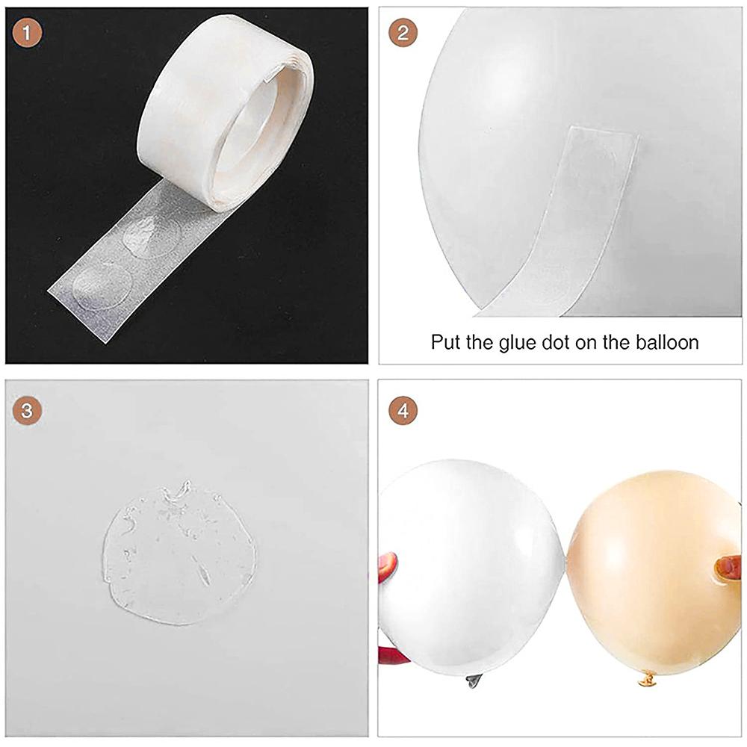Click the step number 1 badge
[x=29, y=33]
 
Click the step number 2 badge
[x=403, y=33]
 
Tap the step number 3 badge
[x=29, y=410]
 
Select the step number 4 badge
[x=403, y=410]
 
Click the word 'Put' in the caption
[x=445, y=343]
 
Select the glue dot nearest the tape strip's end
[x=102, y=285]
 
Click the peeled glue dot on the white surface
[x=179, y=554]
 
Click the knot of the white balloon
[x=472, y=681]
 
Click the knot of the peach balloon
[x=648, y=679]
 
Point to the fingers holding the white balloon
[x=387, y=568]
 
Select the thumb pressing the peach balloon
[x=727, y=568]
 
